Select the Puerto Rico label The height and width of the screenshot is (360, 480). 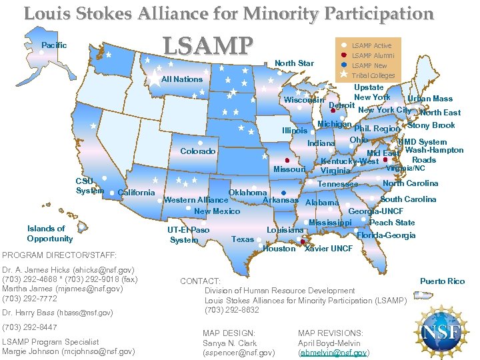pos(442,281)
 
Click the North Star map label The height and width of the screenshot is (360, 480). pos(294,63)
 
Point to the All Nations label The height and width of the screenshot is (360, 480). pos(182,79)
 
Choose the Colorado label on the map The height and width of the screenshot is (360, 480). pos(197,151)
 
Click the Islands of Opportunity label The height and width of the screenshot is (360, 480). pos(50,233)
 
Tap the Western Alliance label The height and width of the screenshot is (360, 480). pos(196,200)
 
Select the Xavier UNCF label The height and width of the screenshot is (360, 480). pos(328,249)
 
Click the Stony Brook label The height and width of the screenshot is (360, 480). pos(431,125)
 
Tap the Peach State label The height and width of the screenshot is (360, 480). pos(392,223)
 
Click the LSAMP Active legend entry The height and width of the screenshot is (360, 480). pos(371,45)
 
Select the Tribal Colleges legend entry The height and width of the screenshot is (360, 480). pos(373,76)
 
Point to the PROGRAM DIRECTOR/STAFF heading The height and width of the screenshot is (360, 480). pos(59,255)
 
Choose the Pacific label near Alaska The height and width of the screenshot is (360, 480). pos(54,45)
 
